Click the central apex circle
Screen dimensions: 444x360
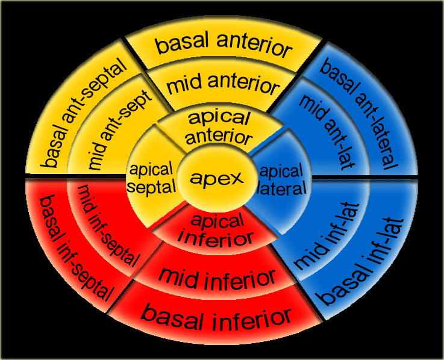pyautogui.click(x=217, y=178)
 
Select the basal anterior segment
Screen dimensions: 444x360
pyautogui.click(x=224, y=45)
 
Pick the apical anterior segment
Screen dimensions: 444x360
pyautogui.click(x=219, y=128)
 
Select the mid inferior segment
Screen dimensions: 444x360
pyautogui.click(x=217, y=278)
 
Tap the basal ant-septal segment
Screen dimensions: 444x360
pyautogui.click(x=82, y=113)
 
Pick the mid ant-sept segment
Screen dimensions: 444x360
pyautogui.click(x=119, y=130)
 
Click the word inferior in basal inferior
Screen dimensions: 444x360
pyautogui.click(x=252, y=319)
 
